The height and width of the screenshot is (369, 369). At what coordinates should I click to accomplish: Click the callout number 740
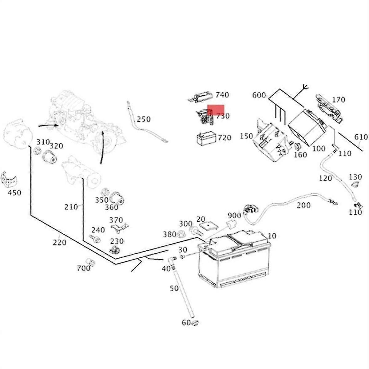click(222, 95)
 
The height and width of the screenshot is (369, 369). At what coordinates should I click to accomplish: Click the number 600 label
click(259, 95)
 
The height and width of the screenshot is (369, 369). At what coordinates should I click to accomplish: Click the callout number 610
click(361, 137)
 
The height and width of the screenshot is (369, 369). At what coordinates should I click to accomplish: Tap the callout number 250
click(144, 119)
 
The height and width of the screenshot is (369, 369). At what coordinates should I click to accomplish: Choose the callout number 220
click(59, 243)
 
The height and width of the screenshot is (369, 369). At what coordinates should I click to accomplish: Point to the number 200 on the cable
click(304, 205)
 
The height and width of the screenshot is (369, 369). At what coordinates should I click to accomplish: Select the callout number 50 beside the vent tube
click(174, 288)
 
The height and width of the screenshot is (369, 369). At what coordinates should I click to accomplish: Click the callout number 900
click(234, 215)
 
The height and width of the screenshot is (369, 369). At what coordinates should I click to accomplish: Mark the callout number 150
click(246, 136)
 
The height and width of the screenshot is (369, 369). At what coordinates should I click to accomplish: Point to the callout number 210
click(71, 207)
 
